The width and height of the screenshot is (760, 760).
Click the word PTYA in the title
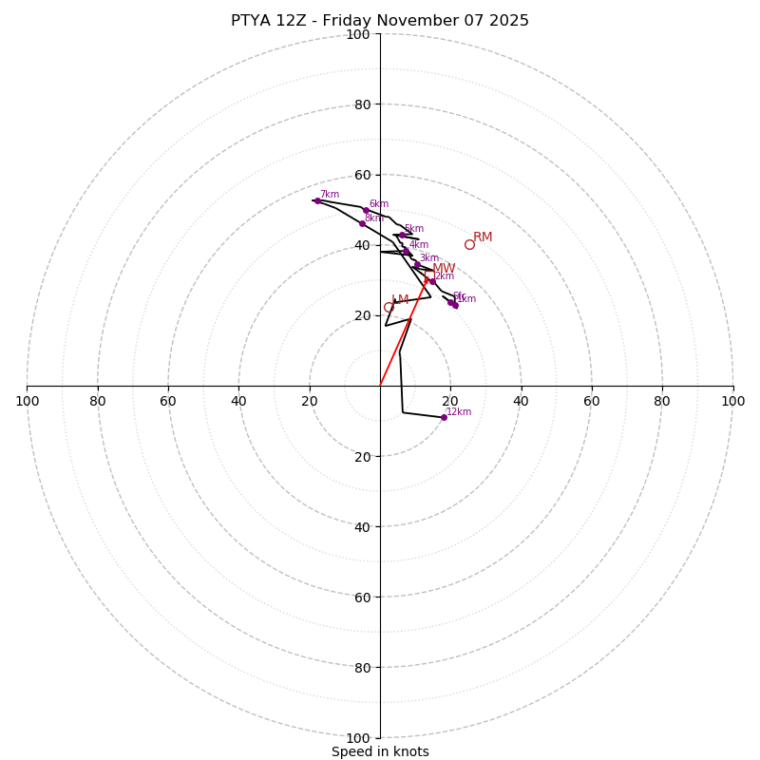[x=250, y=21]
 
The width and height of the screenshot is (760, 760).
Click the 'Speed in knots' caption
[x=380, y=751]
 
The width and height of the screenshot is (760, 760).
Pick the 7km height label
[x=330, y=195]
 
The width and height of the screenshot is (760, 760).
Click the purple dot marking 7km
[x=317, y=200]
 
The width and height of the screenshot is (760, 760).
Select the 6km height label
[x=379, y=204]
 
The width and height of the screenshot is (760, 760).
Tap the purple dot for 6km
[x=366, y=210]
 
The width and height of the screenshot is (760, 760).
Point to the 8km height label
[x=374, y=218]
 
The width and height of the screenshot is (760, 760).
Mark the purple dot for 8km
[x=362, y=224]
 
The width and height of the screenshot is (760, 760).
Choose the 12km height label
[x=459, y=412]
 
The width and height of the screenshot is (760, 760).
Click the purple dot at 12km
[x=444, y=417]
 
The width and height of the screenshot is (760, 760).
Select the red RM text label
[x=483, y=237]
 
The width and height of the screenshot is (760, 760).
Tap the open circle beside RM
[x=469, y=244]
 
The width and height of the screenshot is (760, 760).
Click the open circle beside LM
[x=389, y=307]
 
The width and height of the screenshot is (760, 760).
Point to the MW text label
[x=444, y=269]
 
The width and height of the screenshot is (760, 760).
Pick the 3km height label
[x=429, y=258]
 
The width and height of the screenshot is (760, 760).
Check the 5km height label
[x=414, y=229]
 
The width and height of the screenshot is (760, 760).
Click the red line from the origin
[x=404, y=332]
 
